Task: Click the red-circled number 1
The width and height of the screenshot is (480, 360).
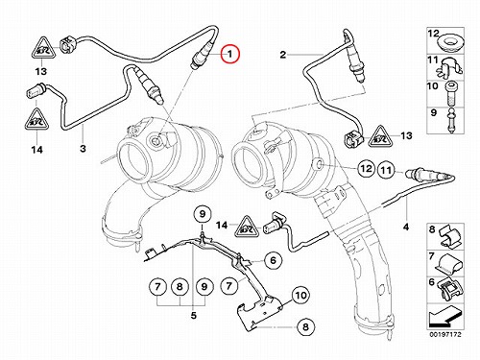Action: coord(230,54)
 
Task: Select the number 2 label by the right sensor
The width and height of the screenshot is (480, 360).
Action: coord(282,55)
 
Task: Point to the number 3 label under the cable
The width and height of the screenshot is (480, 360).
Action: coord(83,149)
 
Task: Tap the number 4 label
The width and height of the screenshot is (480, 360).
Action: coord(406,227)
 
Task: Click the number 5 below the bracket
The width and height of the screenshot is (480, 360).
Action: coord(194,316)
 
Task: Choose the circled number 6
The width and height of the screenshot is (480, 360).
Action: coord(273,260)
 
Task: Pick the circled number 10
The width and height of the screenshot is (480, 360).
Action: coord(300,295)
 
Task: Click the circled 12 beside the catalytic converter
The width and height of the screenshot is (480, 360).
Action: coord(366,169)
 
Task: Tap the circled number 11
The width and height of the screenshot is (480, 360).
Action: coord(386,170)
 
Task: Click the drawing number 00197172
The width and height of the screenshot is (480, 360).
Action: coord(445,335)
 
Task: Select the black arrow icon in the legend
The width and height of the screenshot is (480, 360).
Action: coord(445,318)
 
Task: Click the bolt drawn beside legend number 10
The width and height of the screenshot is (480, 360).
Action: coord(450,92)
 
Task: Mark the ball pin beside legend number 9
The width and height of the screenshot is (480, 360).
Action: coord(451,121)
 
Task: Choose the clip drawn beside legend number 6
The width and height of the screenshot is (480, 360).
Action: coord(450,289)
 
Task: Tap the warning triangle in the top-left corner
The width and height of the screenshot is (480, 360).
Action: coord(44,48)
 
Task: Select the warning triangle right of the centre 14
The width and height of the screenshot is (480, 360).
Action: coord(249,227)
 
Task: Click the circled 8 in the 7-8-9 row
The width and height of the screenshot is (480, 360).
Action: coord(180,286)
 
